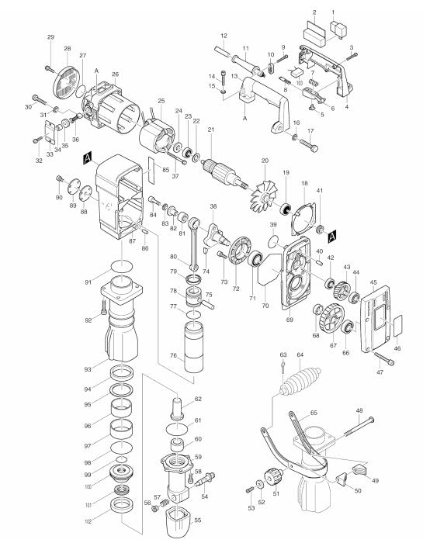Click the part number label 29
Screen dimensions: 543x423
pos(50,38)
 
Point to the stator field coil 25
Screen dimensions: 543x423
pos(161,140)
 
